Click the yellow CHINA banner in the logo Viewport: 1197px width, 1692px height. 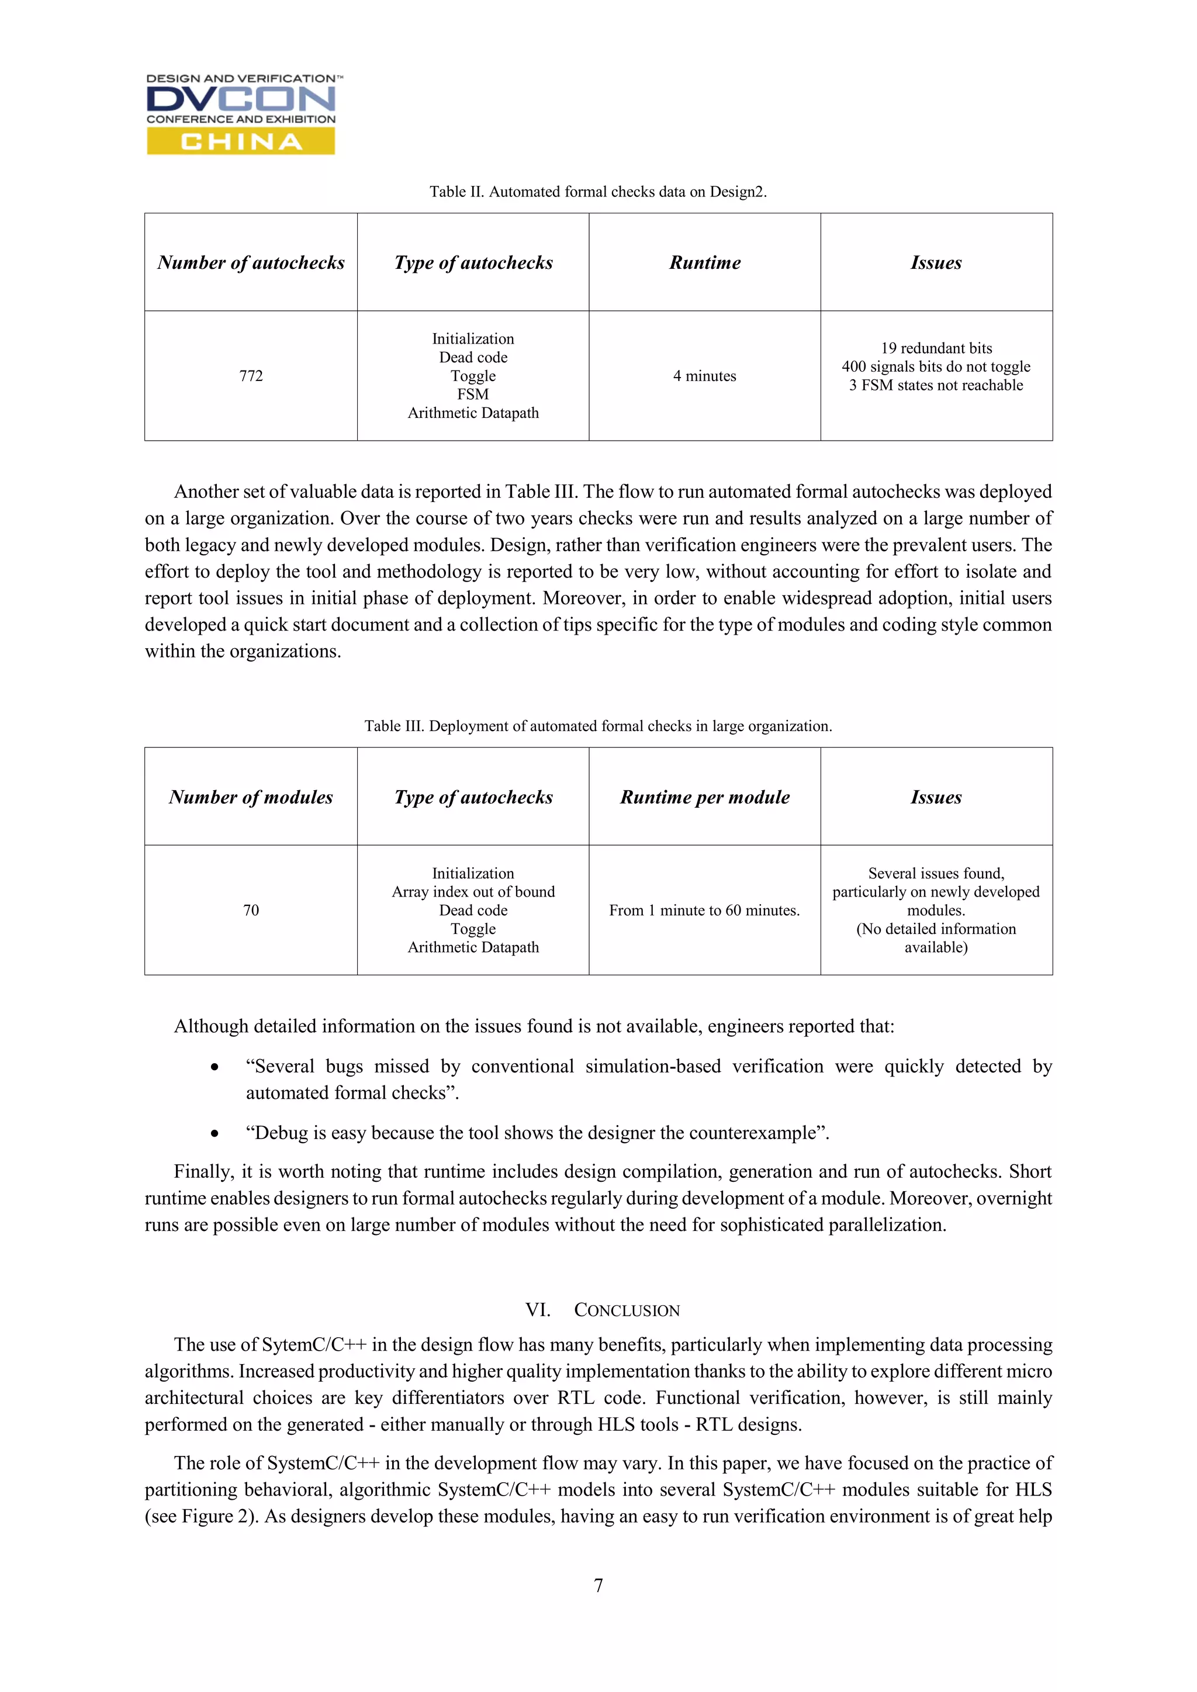[x=240, y=141]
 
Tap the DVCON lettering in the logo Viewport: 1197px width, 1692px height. [x=240, y=99]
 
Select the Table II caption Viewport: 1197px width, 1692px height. [x=598, y=192]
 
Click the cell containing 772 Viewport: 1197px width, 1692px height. [x=251, y=376]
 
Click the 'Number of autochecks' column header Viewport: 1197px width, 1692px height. [x=251, y=262]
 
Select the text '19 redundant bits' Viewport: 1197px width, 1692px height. [x=936, y=348]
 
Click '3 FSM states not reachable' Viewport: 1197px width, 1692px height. [x=936, y=385]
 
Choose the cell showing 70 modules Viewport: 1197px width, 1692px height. [x=251, y=910]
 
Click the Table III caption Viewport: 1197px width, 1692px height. [x=598, y=726]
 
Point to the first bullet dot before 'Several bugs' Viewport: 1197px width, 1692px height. [x=215, y=1067]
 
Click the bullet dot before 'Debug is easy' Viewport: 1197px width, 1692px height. [x=215, y=1133]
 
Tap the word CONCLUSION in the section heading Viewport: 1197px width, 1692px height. [x=627, y=1310]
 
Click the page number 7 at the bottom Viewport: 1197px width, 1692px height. [x=598, y=1585]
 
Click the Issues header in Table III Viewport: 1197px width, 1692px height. [x=936, y=797]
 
